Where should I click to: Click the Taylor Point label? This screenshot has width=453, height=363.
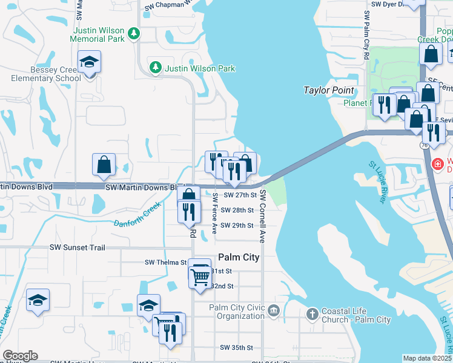[x=328, y=90]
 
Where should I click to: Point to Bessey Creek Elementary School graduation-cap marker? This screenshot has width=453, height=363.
[x=89, y=62]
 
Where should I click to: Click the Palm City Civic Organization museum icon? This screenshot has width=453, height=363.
[x=273, y=312]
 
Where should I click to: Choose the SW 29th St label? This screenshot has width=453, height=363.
[x=236, y=225]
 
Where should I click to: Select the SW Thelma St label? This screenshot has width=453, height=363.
[x=165, y=263]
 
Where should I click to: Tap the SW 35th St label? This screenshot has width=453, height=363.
[x=236, y=347]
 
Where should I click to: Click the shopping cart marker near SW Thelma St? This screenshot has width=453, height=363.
[x=199, y=276]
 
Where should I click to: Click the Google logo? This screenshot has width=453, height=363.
[x=20, y=355]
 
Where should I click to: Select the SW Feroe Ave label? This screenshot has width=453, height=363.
[x=214, y=212]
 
